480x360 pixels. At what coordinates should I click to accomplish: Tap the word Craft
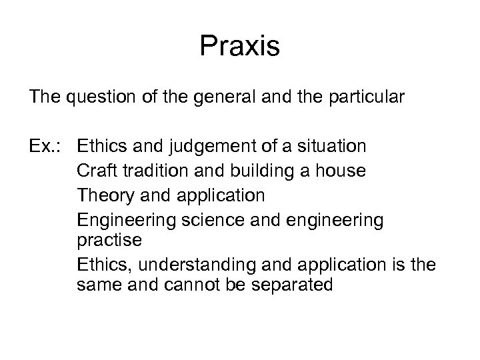click(x=97, y=171)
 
